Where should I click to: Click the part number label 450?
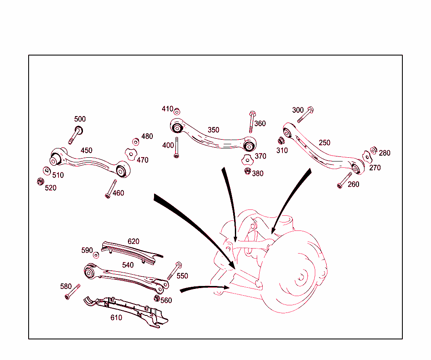[86, 151]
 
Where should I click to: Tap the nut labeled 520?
[40, 181]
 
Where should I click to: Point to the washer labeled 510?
[47, 170]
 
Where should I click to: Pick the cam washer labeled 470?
[131, 154]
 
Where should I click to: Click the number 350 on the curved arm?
[213, 130]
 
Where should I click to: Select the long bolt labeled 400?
[177, 147]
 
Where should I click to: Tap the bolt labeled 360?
[251, 122]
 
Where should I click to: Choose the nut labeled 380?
[247, 171]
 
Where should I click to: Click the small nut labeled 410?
[177, 111]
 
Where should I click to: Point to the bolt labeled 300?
[305, 115]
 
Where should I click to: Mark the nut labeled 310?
[281, 141]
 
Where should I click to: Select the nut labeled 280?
[373, 150]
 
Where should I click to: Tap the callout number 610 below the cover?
[116, 318]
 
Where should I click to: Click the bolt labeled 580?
[72, 291]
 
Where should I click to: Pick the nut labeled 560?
[157, 298]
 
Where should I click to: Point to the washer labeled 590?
[96, 255]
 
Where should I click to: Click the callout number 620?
[133, 241]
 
